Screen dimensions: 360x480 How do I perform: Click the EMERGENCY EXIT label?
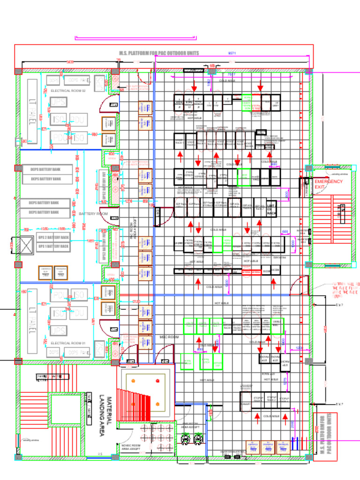coord(328,184)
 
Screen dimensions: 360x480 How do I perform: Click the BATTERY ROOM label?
coord(93,214)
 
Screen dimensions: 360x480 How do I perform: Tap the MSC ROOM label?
coord(169,337)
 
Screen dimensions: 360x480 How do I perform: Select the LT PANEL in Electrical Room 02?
coord(32,111)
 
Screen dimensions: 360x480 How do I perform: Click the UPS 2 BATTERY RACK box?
coord(53,237)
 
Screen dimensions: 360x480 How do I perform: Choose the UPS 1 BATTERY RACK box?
coord(53,246)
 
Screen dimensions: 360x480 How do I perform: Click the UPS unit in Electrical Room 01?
coord(58,331)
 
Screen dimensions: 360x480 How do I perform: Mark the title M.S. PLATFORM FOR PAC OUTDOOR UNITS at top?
coord(159,53)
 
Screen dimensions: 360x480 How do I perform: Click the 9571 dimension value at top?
coord(232,53)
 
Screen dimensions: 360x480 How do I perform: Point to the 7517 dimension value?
coord(231,74)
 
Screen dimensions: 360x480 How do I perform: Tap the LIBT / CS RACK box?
coord(271,209)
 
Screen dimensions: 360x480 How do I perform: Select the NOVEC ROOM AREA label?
coord(131,447)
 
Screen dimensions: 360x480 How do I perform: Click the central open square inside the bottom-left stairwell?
coord(66,410)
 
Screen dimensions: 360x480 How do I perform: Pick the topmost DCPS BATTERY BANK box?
coord(46,169)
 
